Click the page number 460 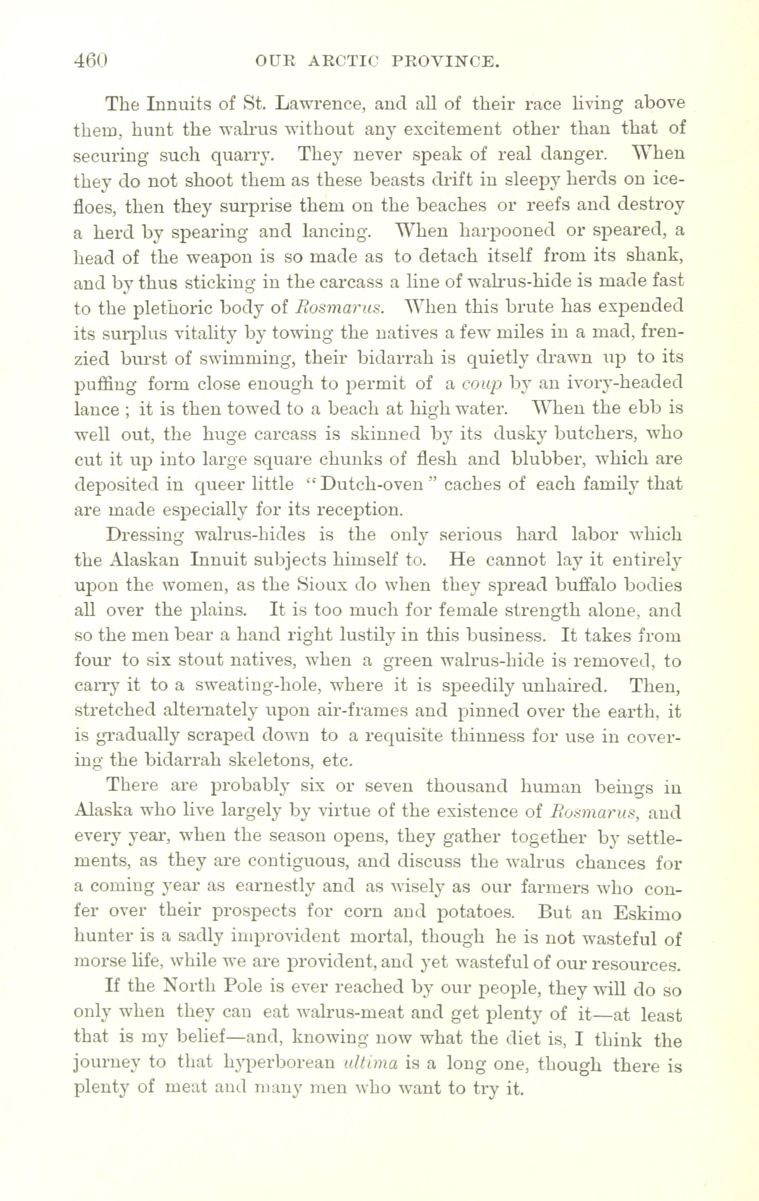[x=91, y=62]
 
